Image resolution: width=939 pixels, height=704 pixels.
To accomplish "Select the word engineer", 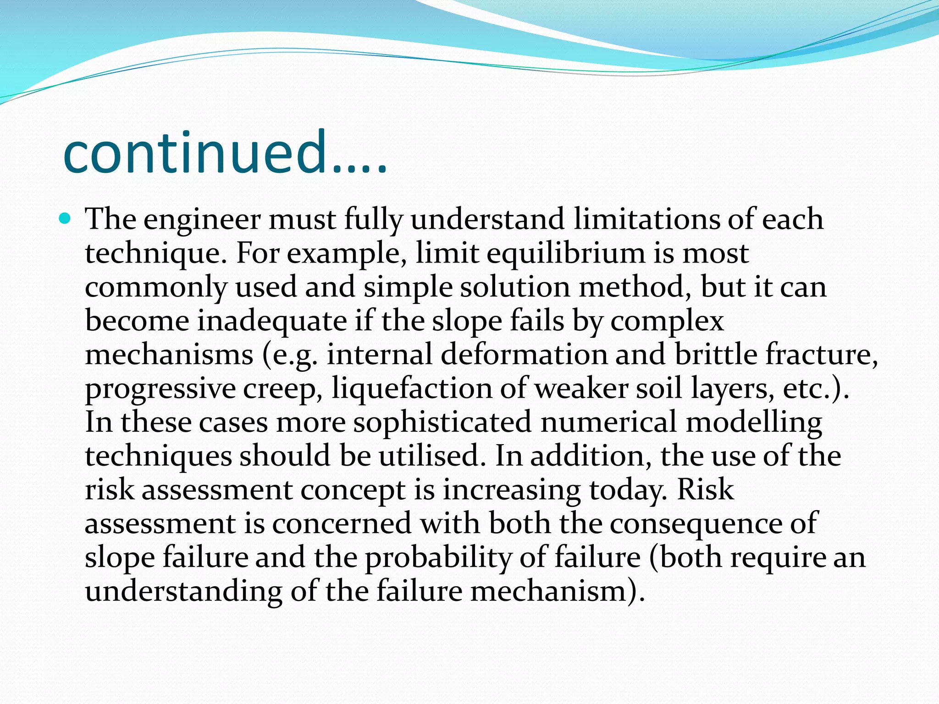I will [x=202, y=220].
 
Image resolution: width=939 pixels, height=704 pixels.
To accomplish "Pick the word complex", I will [x=667, y=321].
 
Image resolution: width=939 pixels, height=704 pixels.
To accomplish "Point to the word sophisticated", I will [x=442, y=422].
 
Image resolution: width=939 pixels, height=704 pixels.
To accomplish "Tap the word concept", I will [x=353, y=490].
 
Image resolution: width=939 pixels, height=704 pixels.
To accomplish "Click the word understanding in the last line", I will [x=183, y=592].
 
